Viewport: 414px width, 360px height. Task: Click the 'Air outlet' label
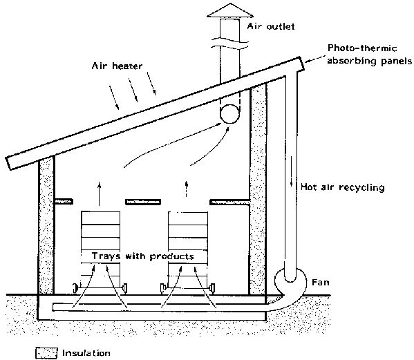click(271, 26)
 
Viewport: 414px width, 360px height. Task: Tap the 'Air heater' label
click(117, 66)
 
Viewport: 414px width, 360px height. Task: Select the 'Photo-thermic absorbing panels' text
click(369, 55)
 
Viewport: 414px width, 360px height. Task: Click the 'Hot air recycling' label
click(342, 187)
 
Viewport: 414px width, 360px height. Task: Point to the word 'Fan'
click(321, 283)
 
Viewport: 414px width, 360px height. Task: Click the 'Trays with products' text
click(143, 256)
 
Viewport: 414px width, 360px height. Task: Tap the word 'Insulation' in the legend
click(86, 353)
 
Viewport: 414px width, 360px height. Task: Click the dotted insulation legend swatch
click(46, 353)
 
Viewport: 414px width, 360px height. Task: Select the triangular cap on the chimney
click(230, 10)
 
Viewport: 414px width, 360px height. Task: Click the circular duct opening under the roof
click(229, 114)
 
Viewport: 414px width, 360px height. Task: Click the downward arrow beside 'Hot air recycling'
click(292, 171)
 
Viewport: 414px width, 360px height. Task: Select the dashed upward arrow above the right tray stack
click(187, 189)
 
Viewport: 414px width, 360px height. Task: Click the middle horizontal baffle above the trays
click(143, 202)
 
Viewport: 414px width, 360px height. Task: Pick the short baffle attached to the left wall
click(64, 202)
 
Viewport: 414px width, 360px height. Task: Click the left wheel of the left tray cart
click(75, 287)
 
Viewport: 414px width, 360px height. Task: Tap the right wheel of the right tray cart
click(212, 288)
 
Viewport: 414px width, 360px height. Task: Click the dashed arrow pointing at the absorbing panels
click(315, 59)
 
